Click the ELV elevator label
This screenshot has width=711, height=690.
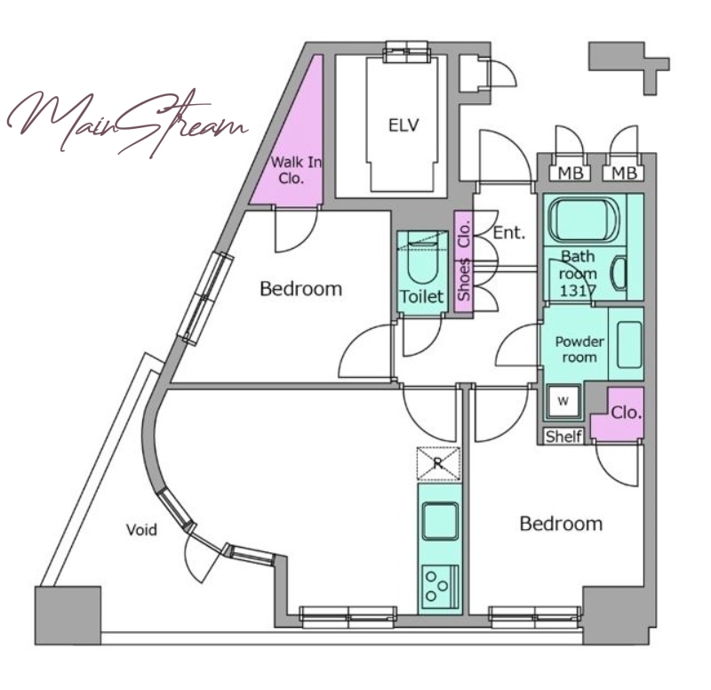[403, 125]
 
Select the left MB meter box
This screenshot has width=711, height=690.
[570, 172]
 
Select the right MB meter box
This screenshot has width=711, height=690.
[624, 172]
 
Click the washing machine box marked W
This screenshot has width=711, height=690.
[563, 401]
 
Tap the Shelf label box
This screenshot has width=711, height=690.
[563, 436]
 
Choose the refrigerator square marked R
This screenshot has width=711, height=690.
[438, 463]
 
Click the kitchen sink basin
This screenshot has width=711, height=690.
[440, 521]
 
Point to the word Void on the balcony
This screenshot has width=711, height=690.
[141, 530]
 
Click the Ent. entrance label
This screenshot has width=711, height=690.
[508, 233]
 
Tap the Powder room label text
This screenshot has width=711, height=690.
[579, 349]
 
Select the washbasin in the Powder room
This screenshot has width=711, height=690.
[629, 344]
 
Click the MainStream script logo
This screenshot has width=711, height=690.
[127, 123]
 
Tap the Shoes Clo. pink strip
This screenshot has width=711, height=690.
[463, 261]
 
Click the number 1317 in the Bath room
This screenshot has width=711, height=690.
[577, 291]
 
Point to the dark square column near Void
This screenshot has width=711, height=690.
[68, 615]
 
